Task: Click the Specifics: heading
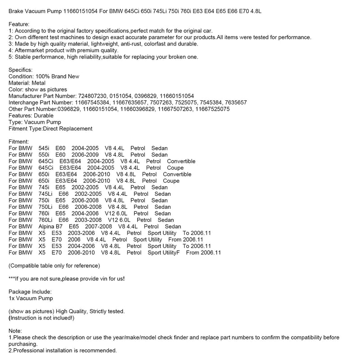(x=20, y=70)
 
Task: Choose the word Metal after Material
(x=41, y=83)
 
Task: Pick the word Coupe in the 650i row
(x=171, y=181)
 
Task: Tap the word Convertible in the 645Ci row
(x=181, y=161)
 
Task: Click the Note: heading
(x=15, y=331)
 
